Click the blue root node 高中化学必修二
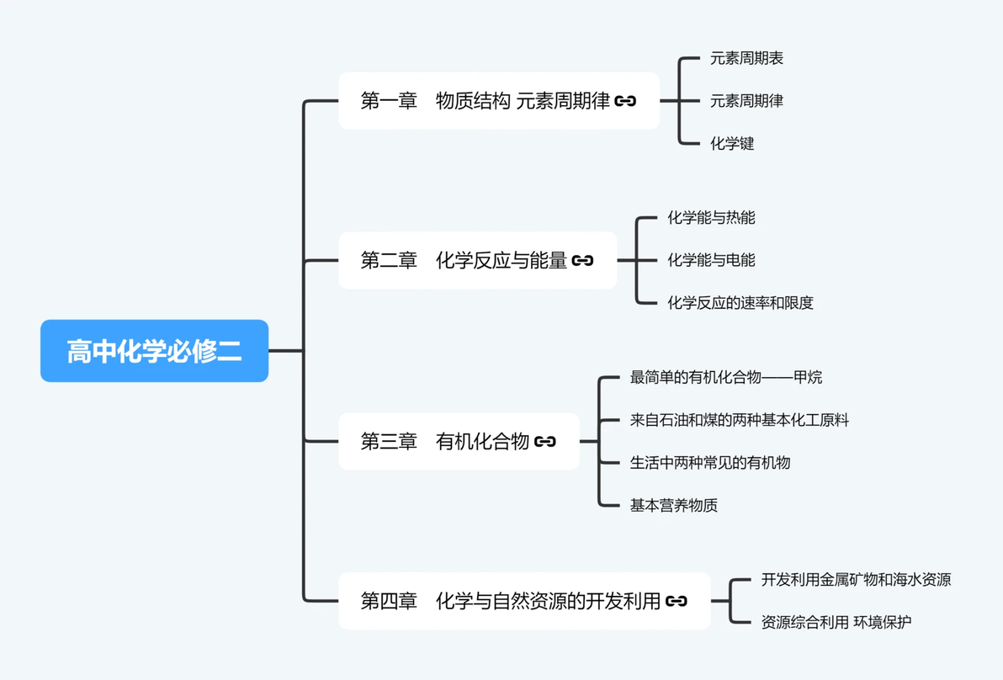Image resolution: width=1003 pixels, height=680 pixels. click(154, 351)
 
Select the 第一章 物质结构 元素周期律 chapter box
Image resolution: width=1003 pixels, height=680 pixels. click(499, 100)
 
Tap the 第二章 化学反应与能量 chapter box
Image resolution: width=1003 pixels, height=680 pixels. click(478, 260)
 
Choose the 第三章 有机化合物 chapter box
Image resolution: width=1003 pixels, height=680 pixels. click(459, 441)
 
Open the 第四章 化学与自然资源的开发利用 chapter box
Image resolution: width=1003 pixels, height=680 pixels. click(524, 601)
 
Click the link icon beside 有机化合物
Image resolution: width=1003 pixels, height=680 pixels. click(545, 441)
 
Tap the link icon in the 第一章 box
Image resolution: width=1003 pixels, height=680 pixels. click(625, 100)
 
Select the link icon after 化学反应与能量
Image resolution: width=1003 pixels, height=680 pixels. click(583, 260)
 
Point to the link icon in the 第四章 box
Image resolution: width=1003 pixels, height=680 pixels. click(677, 601)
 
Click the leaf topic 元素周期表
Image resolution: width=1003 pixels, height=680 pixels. click(746, 58)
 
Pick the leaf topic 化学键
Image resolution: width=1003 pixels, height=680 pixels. click(732, 143)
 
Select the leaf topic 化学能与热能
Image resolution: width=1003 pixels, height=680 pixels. click(711, 217)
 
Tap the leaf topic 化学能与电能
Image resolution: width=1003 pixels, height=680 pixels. click(711, 260)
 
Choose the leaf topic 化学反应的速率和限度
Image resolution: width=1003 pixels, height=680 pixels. click(740, 303)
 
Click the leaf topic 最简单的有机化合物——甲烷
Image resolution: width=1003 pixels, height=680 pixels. click(726, 377)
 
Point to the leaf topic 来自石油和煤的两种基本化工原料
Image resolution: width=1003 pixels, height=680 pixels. click(740, 420)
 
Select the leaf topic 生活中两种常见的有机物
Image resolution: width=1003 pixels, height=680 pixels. click(710, 463)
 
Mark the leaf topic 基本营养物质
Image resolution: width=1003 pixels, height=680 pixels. click(673, 505)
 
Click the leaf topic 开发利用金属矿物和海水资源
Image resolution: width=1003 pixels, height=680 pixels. click(856, 580)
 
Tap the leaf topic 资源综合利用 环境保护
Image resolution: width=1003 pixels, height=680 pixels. click(836, 622)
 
